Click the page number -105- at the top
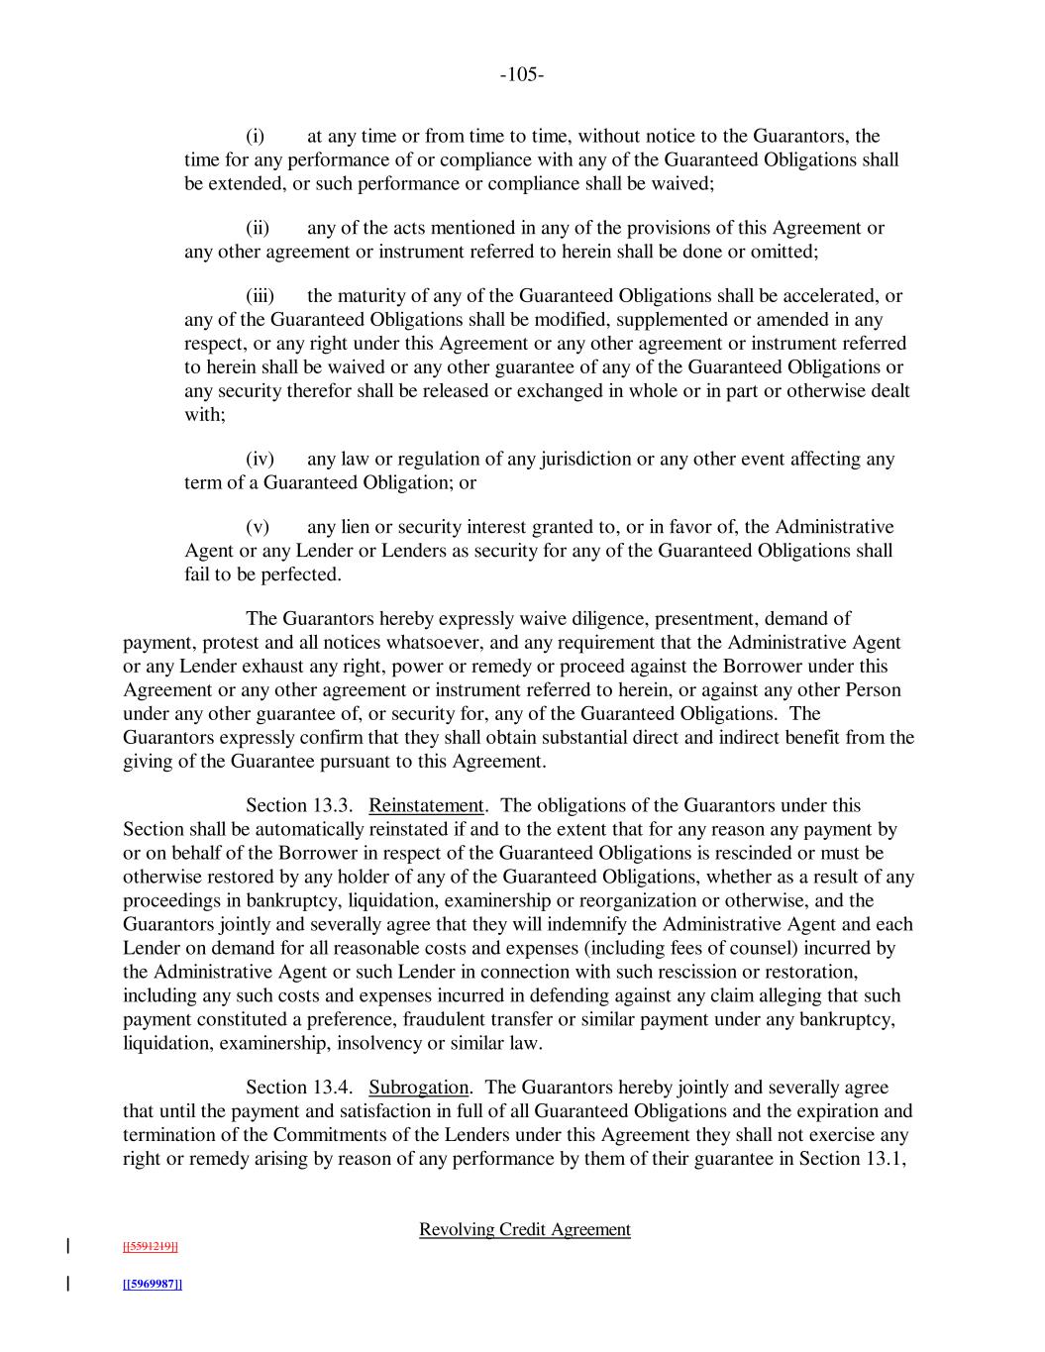[522, 74]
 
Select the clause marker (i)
[255, 137]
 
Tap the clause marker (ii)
[258, 229]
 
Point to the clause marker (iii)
[260, 296]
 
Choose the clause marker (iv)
[260, 460]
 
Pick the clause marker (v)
[257, 527]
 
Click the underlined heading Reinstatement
[426, 806]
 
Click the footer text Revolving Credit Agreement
[525, 1230]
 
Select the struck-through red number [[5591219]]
[151, 1247]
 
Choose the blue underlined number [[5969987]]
[152, 1285]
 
